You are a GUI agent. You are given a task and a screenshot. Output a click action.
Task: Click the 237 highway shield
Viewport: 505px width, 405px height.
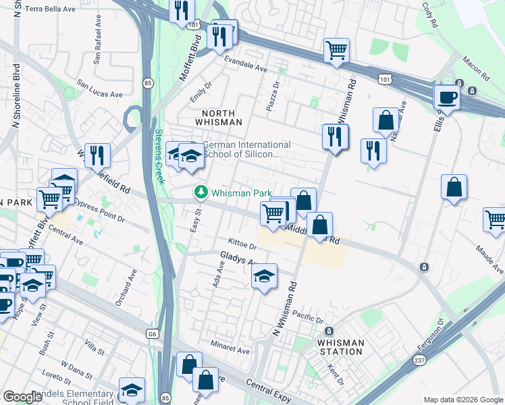tap(413, 360)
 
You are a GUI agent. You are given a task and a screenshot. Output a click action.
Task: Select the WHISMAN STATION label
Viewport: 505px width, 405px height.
tap(341, 347)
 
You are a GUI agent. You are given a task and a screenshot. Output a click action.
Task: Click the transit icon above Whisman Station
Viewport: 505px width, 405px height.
tap(329, 331)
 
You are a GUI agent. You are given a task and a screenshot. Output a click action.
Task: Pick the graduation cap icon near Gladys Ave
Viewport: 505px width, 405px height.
tap(264, 275)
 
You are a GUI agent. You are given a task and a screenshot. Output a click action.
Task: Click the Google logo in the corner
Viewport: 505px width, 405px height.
tap(22, 397)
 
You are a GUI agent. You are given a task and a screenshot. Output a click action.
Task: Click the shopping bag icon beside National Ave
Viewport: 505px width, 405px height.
tap(385, 121)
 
